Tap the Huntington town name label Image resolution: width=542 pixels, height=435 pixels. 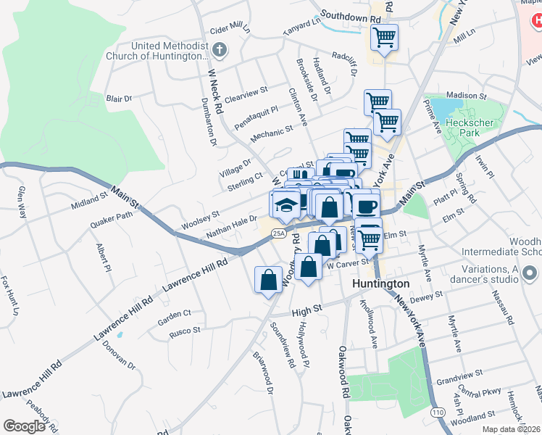click(x=381, y=283)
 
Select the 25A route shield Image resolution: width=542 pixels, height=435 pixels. click(x=279, y=233)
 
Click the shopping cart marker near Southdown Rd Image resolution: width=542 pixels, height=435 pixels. click(x=383, y=36)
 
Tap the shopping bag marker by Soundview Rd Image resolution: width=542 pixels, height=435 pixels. click(x=268, y=279)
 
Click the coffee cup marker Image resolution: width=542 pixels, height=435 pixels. click(x=366, y=205)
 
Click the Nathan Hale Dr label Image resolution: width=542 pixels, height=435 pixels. click(x=232, y=227)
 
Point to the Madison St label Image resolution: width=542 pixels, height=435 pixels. click(x=466, y=95)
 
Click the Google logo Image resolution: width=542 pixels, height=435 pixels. click(x=24, y=426)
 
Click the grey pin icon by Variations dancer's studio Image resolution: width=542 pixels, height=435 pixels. click(x=530, y=274)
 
